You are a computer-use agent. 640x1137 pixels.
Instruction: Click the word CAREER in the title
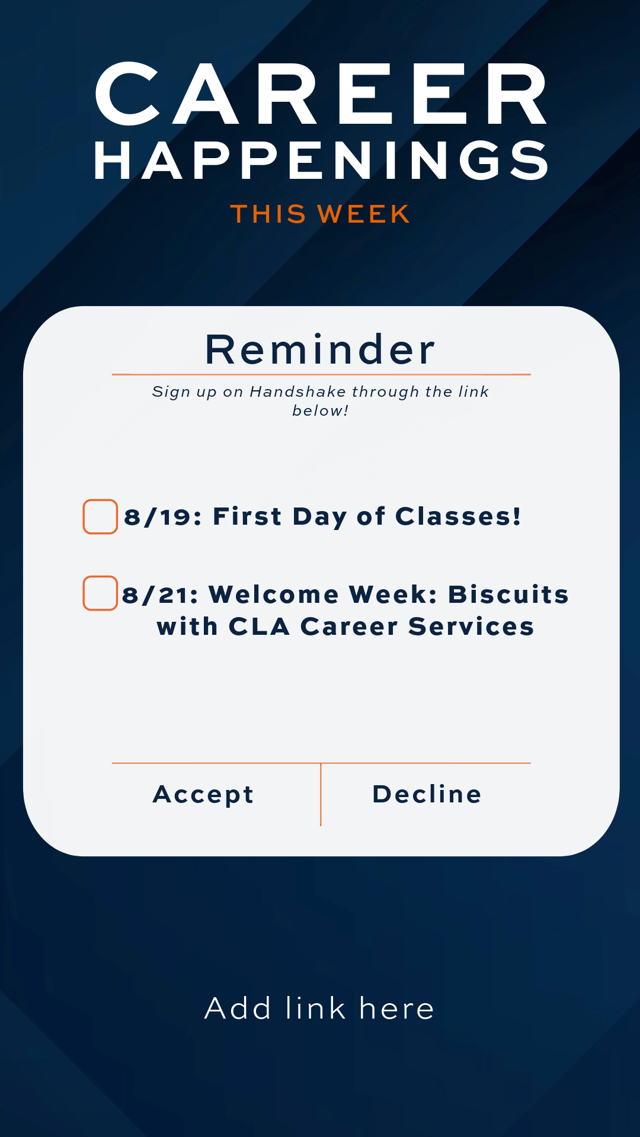321,94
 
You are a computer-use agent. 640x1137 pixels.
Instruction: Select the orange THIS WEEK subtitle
320,214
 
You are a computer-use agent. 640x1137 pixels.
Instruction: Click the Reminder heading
320,349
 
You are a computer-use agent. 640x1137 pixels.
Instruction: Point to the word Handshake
298,391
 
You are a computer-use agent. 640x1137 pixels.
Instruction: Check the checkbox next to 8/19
100,516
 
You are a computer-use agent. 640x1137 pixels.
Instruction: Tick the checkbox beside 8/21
100,593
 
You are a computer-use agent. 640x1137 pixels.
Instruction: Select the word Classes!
458,516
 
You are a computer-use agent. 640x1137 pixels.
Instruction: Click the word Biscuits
508,595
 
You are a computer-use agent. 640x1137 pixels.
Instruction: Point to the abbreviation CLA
260,627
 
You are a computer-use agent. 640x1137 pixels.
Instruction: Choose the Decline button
427,794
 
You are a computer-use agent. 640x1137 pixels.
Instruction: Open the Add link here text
320,1008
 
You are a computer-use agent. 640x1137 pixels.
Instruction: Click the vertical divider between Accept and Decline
321,795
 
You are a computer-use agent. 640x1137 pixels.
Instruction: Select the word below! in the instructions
320,410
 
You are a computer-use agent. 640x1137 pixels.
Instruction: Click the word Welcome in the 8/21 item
274,595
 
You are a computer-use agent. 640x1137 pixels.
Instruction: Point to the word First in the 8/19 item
247,516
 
